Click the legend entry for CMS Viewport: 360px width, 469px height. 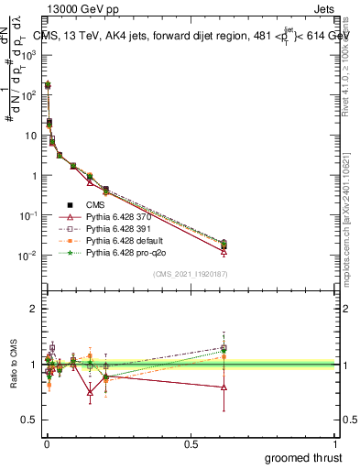click(x=96, y=205)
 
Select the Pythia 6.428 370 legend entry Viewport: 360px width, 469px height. click(x=116, y=217)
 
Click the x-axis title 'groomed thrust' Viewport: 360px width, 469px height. click(x=302, y=457)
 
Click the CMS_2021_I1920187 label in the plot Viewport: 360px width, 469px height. click(x=190, y=274)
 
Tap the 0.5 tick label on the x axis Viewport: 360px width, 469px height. click(x=191, y=444)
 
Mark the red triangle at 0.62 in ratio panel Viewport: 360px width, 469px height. click(x=224, y=387)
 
